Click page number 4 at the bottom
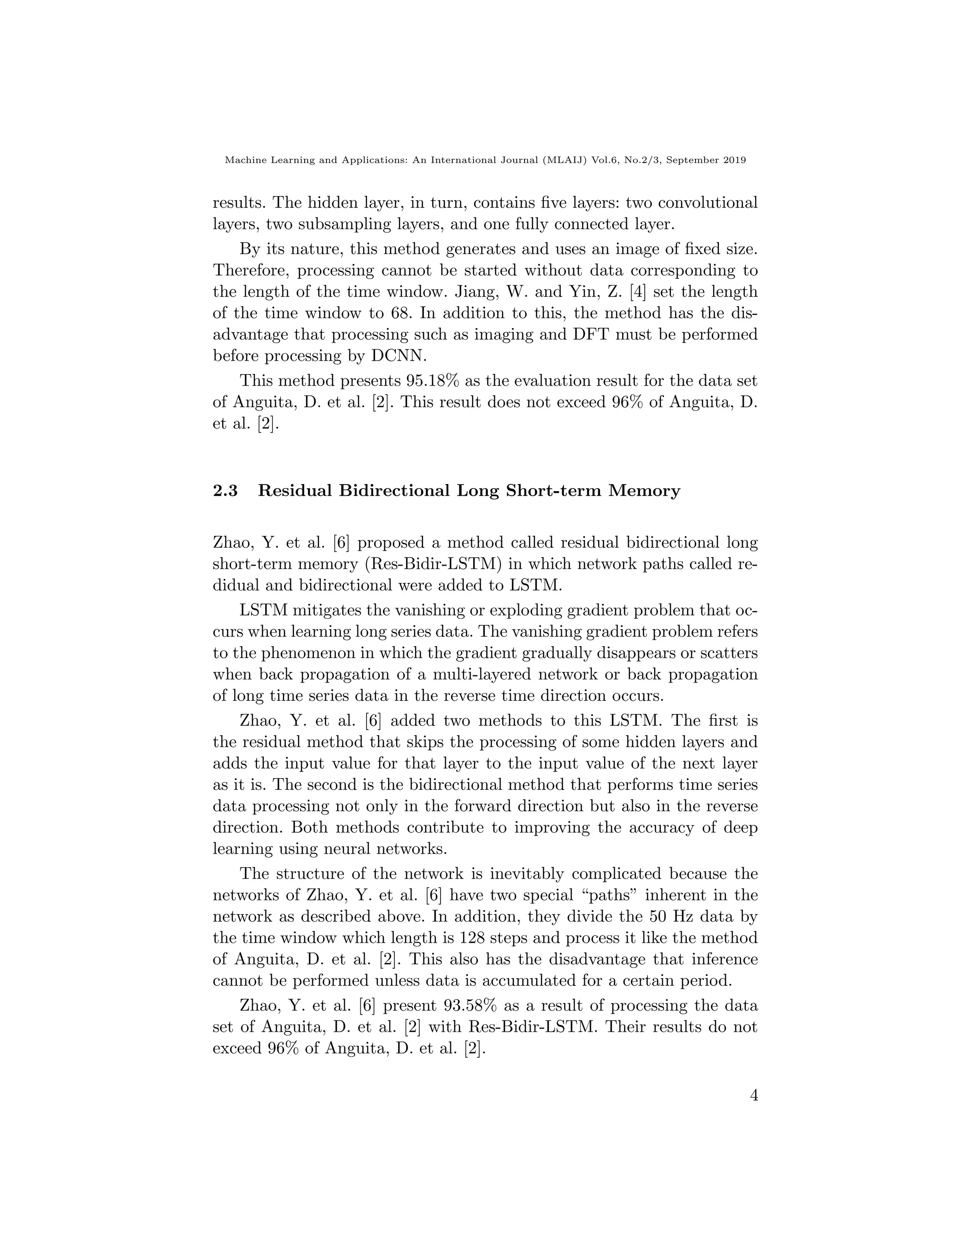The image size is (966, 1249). (754, 1096)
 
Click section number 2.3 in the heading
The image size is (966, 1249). (225, 491)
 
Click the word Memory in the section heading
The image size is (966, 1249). (644, 491)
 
